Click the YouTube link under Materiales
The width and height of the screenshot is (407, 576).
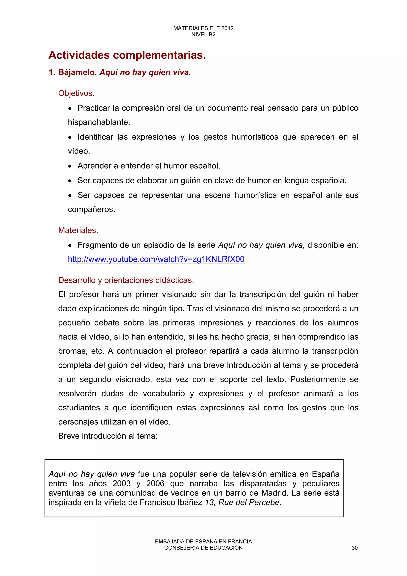156,259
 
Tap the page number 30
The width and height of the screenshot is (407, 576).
354,548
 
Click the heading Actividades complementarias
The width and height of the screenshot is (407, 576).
127,55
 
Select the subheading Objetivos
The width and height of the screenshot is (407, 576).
76,93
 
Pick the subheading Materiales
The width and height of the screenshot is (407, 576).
78,230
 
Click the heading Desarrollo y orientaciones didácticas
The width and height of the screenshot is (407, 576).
126,280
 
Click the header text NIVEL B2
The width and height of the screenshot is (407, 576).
203,35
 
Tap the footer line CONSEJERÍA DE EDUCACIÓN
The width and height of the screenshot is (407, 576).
203,548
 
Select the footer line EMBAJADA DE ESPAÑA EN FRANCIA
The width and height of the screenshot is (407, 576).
203,542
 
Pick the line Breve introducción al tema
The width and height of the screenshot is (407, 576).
108,436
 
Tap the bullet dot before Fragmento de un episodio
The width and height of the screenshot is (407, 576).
70,246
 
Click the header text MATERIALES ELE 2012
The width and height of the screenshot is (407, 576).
203,28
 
